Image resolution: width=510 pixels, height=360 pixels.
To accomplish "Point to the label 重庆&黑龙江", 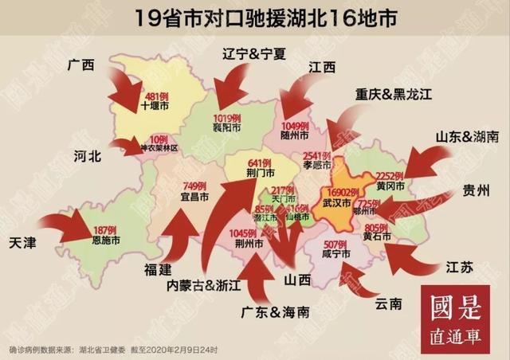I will click(393, 95).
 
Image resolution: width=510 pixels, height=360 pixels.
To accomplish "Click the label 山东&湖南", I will click(466, 136).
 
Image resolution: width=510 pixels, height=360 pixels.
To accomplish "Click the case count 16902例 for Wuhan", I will click(347, 193).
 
